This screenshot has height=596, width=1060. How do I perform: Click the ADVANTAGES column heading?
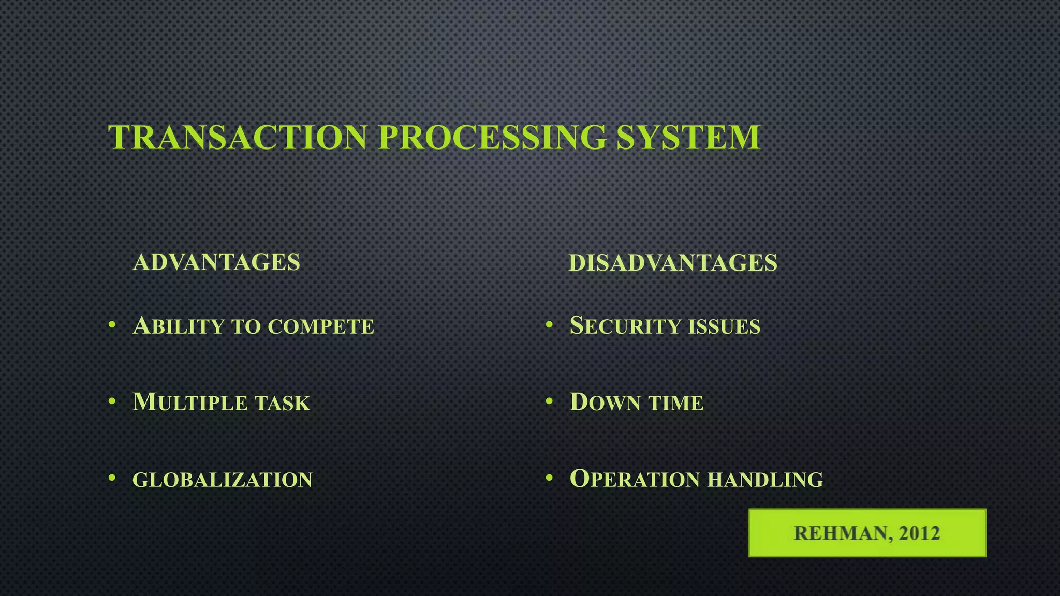[x=216, y=262]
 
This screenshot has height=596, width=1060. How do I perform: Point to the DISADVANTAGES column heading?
[x=673, y=262]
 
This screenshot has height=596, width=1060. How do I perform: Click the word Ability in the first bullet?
[x=178, y=326]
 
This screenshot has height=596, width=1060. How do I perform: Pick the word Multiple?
[x=190, y=403]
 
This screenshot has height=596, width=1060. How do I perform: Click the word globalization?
[x=223, y=480]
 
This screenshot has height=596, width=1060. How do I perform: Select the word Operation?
[x=634, y=479]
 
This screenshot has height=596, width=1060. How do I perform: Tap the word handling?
[x=765, y=479]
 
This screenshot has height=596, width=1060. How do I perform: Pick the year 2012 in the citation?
[x=919, y=533]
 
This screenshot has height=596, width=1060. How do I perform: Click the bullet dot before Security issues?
[x=549, y=325]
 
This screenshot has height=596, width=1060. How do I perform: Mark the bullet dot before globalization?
[x=112, y=478]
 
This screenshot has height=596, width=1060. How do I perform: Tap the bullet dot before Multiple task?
[x=112, y=401]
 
